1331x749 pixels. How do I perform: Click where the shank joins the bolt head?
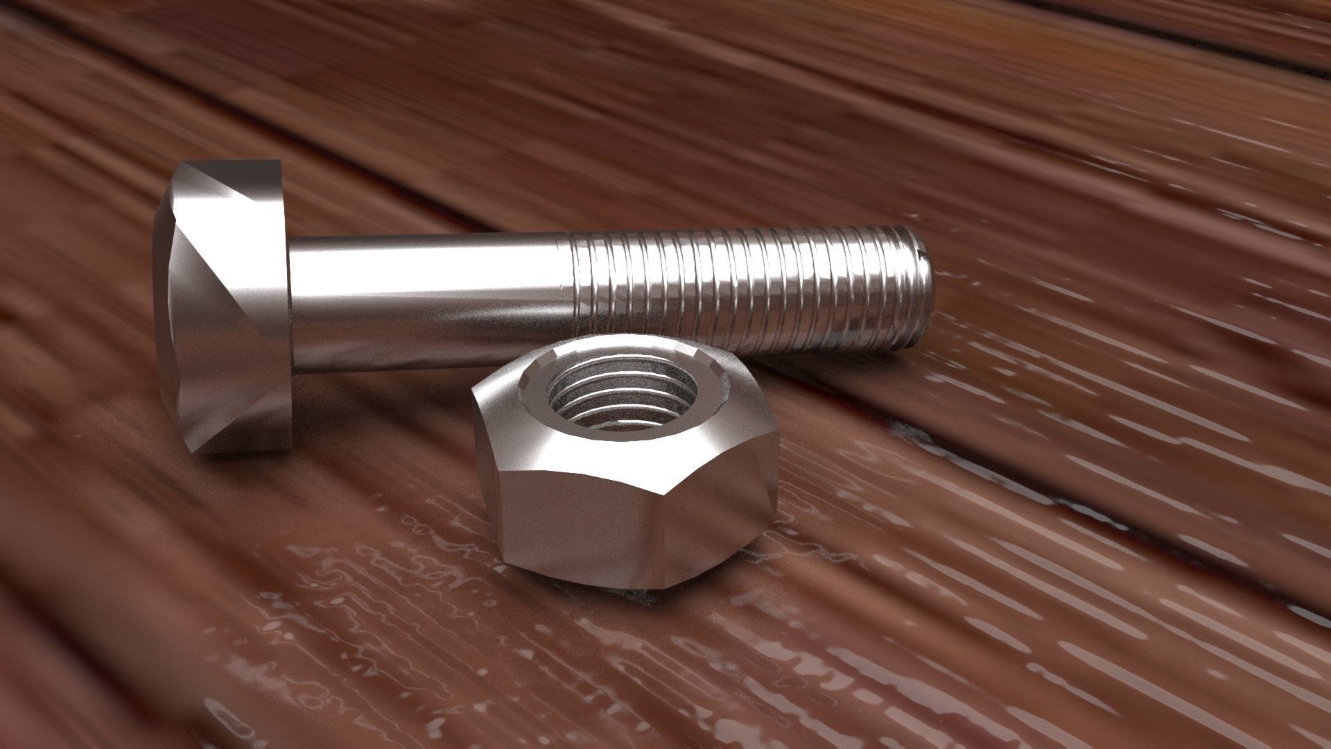coord(291,305)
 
